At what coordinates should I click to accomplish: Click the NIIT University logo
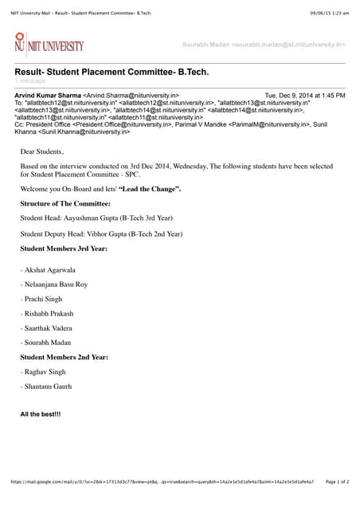49,45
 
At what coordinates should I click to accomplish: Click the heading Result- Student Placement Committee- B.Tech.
112,73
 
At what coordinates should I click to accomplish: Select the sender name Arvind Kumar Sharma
48,95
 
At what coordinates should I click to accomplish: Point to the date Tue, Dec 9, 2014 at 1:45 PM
304,95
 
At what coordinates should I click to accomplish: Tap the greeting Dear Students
42,151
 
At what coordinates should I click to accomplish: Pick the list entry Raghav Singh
45,372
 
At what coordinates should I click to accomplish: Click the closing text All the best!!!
41,414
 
